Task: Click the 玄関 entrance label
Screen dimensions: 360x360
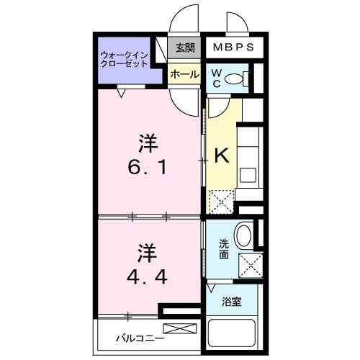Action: (185, 48)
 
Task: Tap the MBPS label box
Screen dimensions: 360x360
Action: (231, 48)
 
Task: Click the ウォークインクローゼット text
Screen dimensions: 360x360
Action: (124, 58)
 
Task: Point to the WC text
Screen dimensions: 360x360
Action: (217, 78)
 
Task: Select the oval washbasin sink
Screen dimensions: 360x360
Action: (243, 235)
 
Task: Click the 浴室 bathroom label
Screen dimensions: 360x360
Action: (233, 300)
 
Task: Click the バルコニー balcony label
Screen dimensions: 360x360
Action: (140, 337)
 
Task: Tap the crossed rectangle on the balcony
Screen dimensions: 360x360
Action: (183, 330)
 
